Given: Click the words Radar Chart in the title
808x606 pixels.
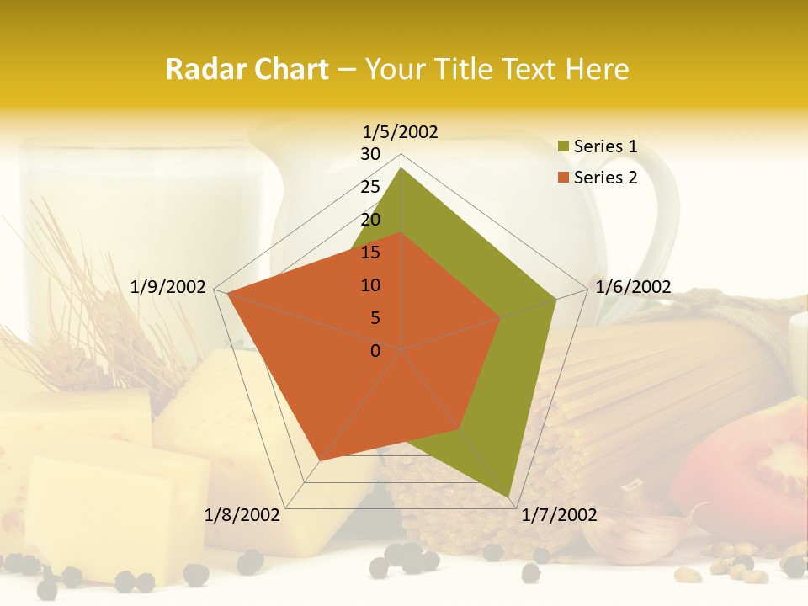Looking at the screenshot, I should click(x=246, y=69).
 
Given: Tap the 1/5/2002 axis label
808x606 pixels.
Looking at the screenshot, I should click(x=400, y=131).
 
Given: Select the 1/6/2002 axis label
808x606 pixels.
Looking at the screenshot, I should click(x=633, y=287).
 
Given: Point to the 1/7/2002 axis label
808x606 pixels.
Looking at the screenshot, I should click(x=559, y=515).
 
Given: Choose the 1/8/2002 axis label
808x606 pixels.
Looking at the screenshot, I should click(x=242, y=515).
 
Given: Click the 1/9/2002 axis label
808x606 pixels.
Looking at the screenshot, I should click(x=168, y=287).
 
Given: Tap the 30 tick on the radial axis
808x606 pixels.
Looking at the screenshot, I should click(x=370, y=154).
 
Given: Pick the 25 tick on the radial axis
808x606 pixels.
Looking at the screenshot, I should click(x=370, y=187).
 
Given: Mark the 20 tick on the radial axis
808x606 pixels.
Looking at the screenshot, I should click(x=370, y=220).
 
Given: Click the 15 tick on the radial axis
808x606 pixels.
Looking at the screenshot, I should click(x=370, y=252).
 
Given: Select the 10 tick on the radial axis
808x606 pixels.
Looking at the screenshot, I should click(x=370, y=285).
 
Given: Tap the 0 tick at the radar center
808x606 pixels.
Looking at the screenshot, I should click(x=375, y=351).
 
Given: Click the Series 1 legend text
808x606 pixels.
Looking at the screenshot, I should click(x=605, y=146).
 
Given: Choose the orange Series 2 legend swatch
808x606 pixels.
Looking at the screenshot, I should click(x=563, y=178).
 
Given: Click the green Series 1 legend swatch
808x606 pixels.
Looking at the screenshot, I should click(x=563, y=147).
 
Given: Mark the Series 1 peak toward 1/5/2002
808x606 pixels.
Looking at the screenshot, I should click(x=401, y=168).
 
